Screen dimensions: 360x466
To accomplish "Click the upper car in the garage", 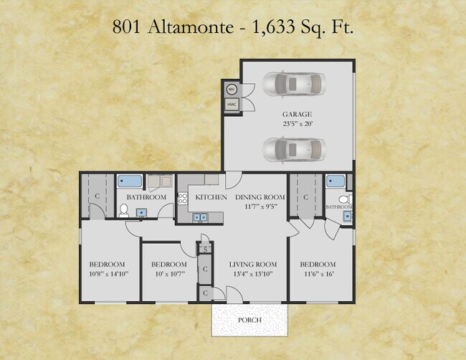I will pos(294,83).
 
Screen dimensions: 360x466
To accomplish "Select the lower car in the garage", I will pos(293,149).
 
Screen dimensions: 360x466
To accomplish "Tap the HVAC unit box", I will pos(232,105).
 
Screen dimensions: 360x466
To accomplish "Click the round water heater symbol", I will pos(232,90).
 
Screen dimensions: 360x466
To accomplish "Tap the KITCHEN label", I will pos(211,197).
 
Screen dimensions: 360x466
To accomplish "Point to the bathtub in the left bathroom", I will pos(130,182).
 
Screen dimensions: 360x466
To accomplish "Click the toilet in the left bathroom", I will pos(123,211).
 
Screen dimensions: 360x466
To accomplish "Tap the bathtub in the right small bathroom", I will pos(335,181).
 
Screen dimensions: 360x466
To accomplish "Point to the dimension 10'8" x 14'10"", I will pos(108,274).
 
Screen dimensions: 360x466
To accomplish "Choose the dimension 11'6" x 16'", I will pos(318,274).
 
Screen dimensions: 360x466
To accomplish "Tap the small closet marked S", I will pos(205,250).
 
